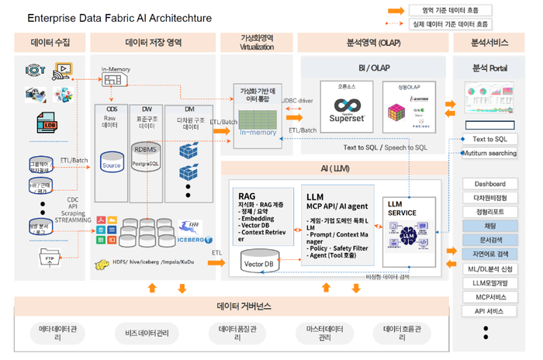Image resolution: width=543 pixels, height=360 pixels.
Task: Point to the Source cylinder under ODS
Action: coord(112,163)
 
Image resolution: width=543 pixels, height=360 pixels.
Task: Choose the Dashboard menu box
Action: coord(489,184)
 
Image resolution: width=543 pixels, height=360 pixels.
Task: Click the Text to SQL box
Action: coord(489,139)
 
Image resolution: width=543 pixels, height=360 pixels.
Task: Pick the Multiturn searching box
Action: coord(489,153)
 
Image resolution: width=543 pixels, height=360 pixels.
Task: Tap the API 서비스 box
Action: coord(489,311)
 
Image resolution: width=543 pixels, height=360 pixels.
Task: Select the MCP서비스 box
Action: coord(489,297)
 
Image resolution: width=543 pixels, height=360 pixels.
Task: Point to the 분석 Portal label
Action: coord(489,68)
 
